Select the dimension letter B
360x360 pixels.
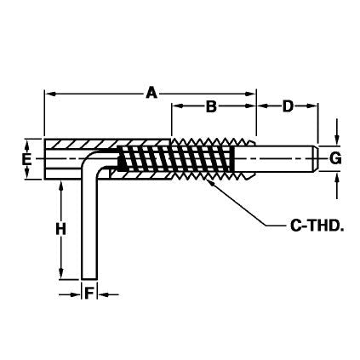click(211, 107)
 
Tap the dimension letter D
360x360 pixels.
click(288, 107)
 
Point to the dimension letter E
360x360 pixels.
click(27, 158)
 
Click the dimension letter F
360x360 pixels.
click(89, 294)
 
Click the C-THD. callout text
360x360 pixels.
click(303, 226)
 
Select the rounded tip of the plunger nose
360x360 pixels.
click(317, 158)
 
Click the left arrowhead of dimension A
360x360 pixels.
click(49, 93)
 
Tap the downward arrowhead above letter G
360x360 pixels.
click(335, 142)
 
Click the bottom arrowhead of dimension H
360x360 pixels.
click(60, 272)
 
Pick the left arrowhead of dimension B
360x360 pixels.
click(177, 107)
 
